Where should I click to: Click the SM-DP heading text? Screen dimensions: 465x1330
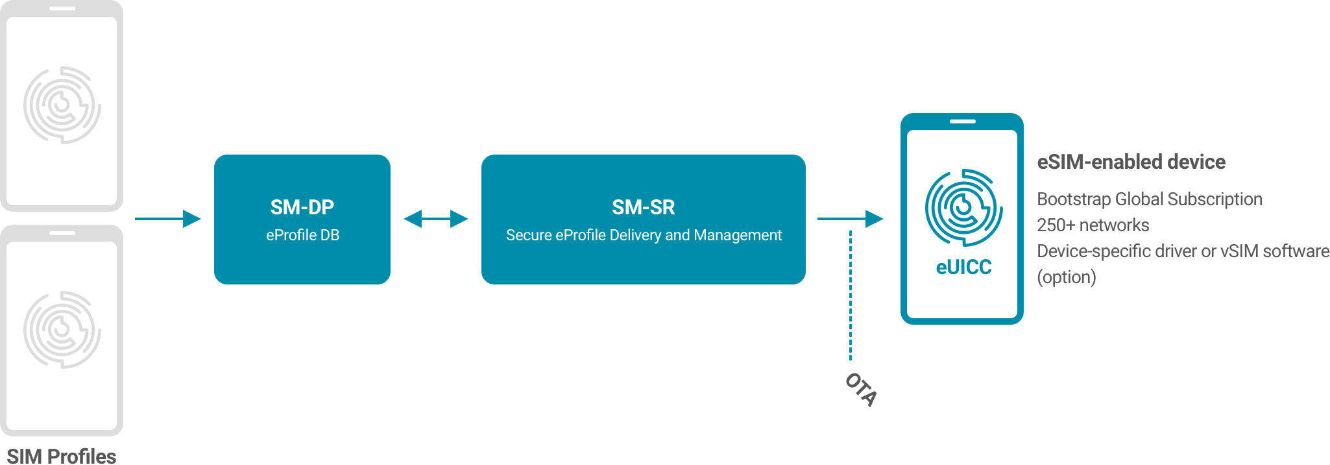(302, 207)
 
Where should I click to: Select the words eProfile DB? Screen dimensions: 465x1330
(302, 235)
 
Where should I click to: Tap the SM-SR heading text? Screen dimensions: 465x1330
(643, 207)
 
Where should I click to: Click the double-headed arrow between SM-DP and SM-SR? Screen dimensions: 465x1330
(436, 219)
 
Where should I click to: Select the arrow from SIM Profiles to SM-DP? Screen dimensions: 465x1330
(168, 219)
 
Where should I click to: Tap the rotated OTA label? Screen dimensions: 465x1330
(861, 389)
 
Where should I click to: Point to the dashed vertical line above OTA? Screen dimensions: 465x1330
(851, 292)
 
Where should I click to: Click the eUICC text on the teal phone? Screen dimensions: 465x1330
(963, 268)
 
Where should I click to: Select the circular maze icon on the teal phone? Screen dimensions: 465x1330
(963, 208)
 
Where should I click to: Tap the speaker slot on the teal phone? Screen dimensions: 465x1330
(962, 121)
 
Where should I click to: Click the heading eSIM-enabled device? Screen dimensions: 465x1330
(1131, 162)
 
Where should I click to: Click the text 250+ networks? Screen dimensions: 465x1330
(1093, 225)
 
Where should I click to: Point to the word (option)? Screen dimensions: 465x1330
(1066, 277)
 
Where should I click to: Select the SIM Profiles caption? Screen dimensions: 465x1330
(62, 456)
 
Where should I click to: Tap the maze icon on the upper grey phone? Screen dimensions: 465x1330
(62, 105)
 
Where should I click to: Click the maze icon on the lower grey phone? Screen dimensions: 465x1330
(62, 330)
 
